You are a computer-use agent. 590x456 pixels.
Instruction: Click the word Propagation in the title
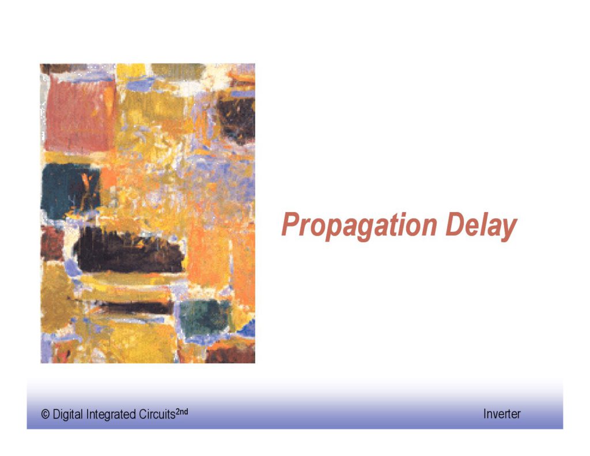click(x=360, y=225)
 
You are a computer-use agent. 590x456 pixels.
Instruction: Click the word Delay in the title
click(x=482, y=225)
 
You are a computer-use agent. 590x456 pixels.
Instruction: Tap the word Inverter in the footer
click(x=502, y=414)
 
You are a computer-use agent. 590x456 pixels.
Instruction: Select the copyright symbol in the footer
click(x=45, y=414)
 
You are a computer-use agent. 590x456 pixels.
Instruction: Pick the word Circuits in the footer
click(x=157, y=414)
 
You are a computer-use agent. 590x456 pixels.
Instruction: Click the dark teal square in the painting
click(x=70, y=191)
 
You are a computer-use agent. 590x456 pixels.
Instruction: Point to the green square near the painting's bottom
click(x=205, y=318)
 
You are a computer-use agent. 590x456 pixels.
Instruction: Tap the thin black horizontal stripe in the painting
click(x=132, y=307)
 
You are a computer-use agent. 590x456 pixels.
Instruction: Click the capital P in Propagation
click(x=290, y=224)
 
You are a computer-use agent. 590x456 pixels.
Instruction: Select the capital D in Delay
click(x=456, y=224)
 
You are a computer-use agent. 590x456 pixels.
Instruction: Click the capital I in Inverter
click(x=485, y=414)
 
